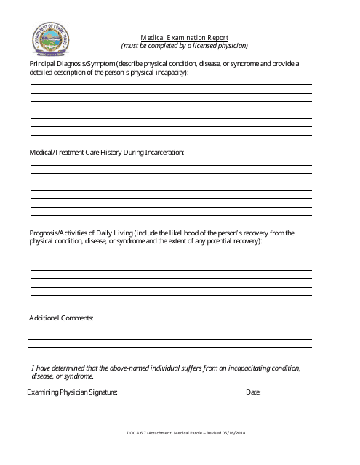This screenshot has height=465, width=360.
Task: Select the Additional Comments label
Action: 61,318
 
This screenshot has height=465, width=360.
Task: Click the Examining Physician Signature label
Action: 72,392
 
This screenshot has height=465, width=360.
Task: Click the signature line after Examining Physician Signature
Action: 181,395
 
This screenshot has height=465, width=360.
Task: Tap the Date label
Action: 253,392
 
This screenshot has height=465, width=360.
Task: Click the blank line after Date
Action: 287,395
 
